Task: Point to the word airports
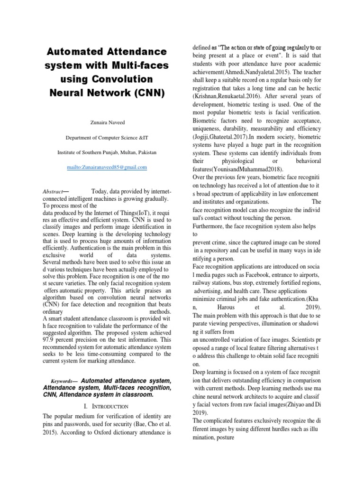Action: click(x=308, y=276)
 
